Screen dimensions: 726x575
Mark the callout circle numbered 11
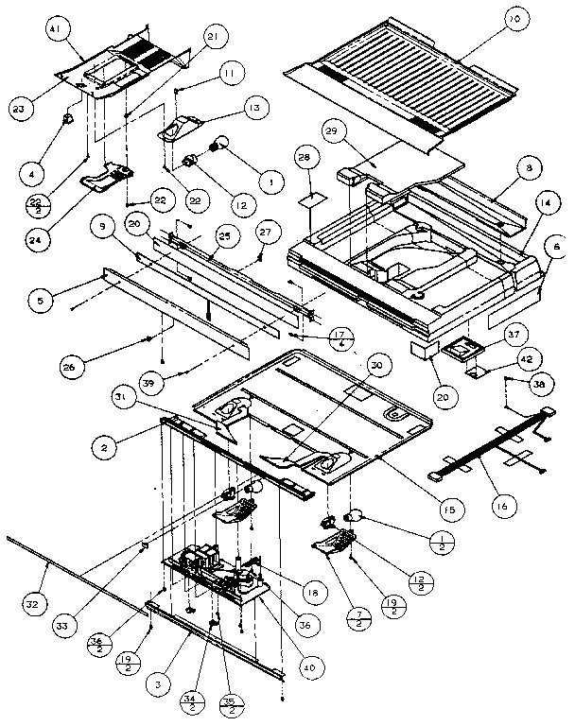(x=228, y=73)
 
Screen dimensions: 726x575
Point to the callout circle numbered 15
(x=447, y=510)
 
